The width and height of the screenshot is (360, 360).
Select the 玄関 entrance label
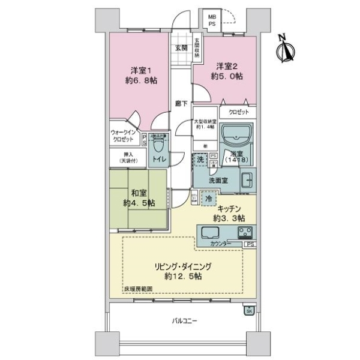[x=181, y=47]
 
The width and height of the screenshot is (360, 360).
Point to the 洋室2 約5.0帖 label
[x=226, y=71]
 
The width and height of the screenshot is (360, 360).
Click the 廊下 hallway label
[x=181, y=103]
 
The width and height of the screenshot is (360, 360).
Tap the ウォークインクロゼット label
[x=125, y=136]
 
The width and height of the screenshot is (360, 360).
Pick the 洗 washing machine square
[x=200, y=160]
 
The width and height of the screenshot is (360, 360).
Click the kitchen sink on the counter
[x=213, y=233]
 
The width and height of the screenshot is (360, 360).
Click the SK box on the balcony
[x=249, y=310]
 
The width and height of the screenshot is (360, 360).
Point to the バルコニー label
[x=184, y=321]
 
